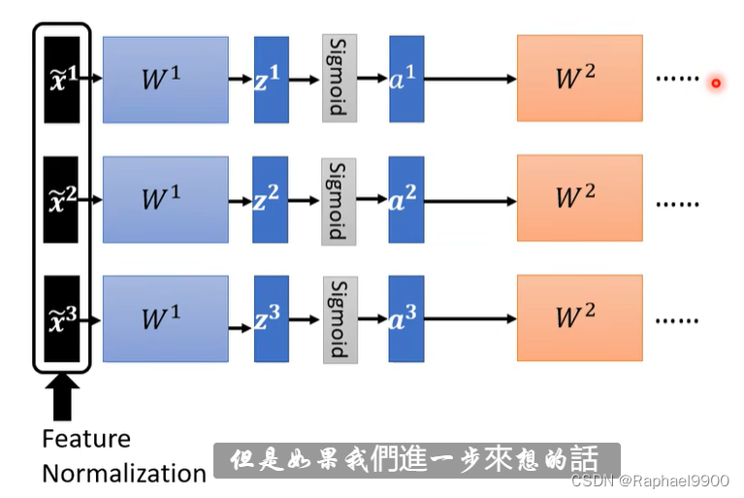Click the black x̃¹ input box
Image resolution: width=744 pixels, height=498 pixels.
(62, 79)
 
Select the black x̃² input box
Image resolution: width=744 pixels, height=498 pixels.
(62, 199)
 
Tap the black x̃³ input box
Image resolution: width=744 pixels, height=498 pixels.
(62, 319)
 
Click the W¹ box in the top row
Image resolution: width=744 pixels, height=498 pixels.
(166, 80)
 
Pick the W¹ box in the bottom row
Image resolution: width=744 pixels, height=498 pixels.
(166, 318)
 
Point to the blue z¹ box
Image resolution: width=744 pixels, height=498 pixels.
(272, 80)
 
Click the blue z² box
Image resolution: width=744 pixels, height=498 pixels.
(272, 199)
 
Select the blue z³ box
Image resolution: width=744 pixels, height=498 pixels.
(272, 318)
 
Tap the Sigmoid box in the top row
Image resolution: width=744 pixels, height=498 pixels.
(340, 78)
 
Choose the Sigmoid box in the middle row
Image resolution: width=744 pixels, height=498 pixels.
(340, 199)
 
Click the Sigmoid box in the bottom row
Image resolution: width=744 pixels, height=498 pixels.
(340, 318)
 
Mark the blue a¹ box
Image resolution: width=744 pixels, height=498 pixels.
(406, 79)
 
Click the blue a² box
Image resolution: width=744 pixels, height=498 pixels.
(406, 199)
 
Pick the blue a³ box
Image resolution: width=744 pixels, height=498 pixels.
(406, 318)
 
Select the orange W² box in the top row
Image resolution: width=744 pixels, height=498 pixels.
(579, 79)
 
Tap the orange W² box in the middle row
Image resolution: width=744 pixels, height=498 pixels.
(579, 199)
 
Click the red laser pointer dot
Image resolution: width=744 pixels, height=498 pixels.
(716, 83)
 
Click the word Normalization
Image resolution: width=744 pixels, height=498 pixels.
(124, 474)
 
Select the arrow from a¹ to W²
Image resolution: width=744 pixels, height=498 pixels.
(470, 80)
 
